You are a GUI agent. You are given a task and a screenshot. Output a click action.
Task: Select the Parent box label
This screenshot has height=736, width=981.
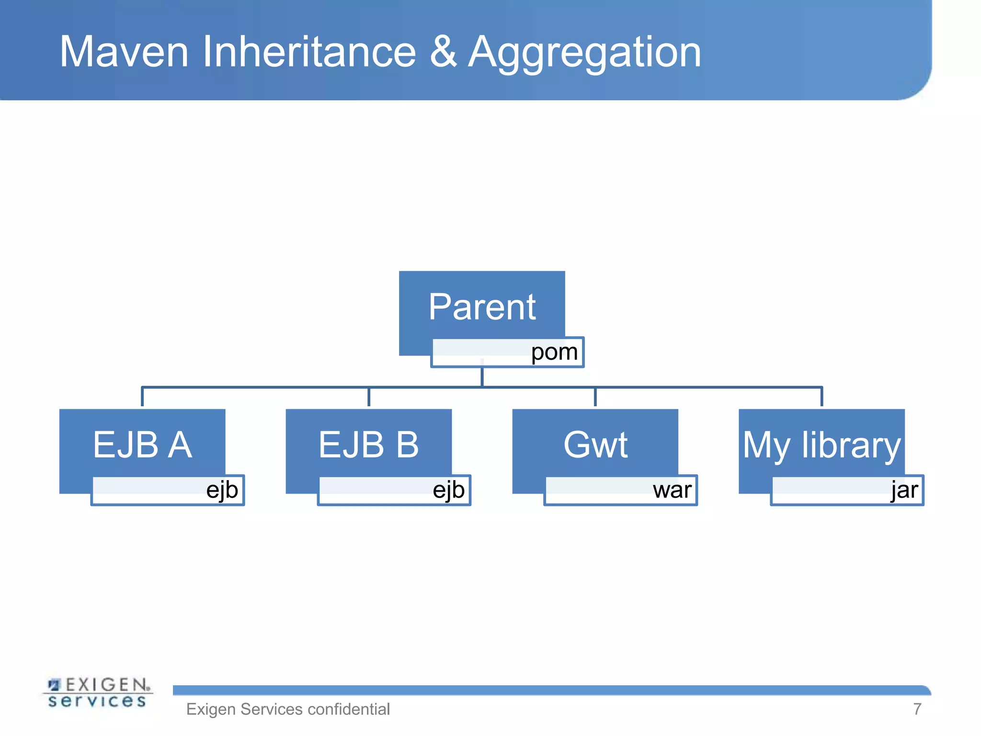(x=482, y=307)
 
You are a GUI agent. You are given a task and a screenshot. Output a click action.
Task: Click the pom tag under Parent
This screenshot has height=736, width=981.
(x=554, y=352)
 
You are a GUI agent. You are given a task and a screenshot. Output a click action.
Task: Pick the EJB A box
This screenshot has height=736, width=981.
(x=142, y=445)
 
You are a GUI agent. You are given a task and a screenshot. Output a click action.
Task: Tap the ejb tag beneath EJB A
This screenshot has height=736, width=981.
(x=222, y=490)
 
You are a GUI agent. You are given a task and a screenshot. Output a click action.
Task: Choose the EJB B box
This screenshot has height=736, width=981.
(x=368, y=445)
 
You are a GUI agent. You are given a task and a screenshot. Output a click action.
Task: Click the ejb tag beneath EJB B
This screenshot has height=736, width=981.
(x=449, y=490)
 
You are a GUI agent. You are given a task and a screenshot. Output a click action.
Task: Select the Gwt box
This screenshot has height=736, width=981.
(x=595, y=445)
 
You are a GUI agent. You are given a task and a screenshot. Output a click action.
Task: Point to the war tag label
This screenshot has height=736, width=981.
(x=672, y=490)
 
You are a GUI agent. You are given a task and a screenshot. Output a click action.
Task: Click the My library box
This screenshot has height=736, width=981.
(x=821, y=445)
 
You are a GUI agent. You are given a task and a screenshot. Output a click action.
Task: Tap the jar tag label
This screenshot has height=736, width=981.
(x=904, y=490)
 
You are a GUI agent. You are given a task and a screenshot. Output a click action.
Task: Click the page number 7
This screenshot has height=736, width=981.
(x=917, y=709)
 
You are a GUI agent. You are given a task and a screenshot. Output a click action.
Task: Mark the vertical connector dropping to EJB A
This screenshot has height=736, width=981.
(x=142, y=397)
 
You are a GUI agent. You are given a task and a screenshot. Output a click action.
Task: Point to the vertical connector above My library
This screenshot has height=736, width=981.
(x=821, y=397)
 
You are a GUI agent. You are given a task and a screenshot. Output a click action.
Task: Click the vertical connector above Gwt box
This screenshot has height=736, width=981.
(x=595, y=397)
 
